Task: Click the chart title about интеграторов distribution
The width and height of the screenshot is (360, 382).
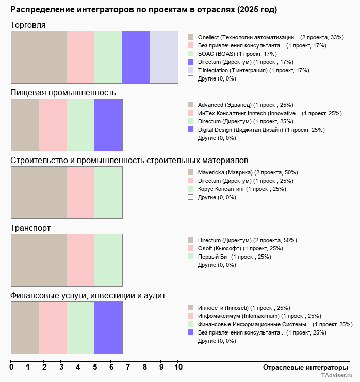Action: point(143,10)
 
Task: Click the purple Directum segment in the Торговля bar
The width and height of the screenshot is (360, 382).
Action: point(136,57)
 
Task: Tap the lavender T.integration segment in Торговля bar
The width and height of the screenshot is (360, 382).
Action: point(164,57)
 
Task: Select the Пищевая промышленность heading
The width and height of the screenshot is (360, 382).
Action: point(63,93)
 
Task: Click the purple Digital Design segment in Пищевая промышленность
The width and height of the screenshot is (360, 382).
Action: point(108,124)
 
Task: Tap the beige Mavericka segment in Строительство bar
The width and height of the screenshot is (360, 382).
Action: point(39,193)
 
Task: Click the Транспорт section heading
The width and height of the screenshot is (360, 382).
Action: point(30,228)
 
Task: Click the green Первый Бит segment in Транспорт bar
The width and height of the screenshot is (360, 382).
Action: point(108,260)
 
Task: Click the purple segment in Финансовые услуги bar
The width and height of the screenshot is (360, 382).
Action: point(108,328)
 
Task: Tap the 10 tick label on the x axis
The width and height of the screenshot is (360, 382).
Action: point(178,368)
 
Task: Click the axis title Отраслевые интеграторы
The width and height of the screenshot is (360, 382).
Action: point(305,367)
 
